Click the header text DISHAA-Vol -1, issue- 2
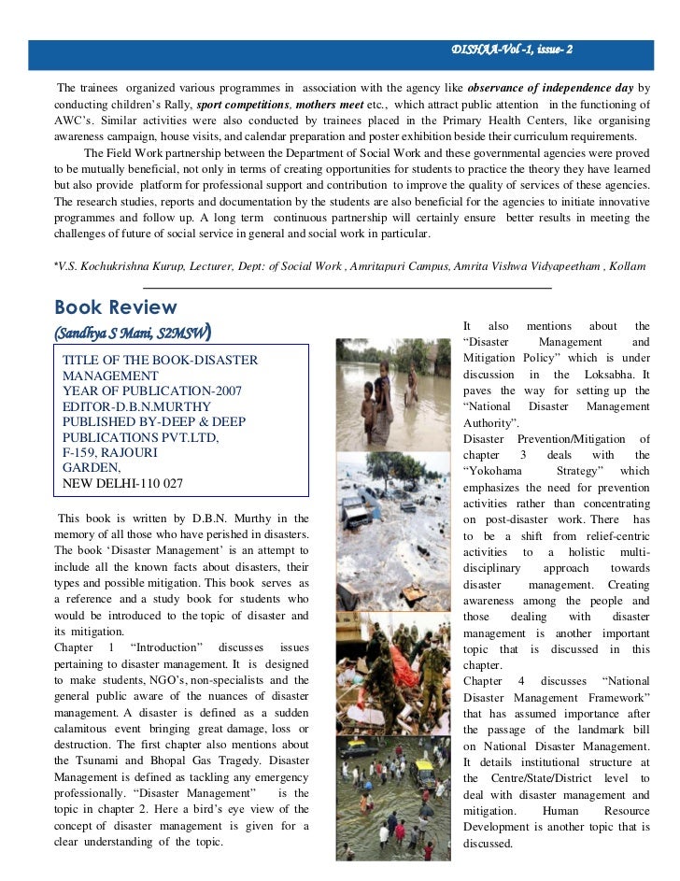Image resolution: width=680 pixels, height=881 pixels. click(512, 49)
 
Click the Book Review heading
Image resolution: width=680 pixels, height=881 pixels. click(115, 307)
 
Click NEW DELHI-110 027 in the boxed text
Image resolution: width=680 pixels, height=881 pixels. click(122, 483)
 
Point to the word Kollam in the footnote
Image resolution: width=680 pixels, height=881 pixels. click(629, 266)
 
